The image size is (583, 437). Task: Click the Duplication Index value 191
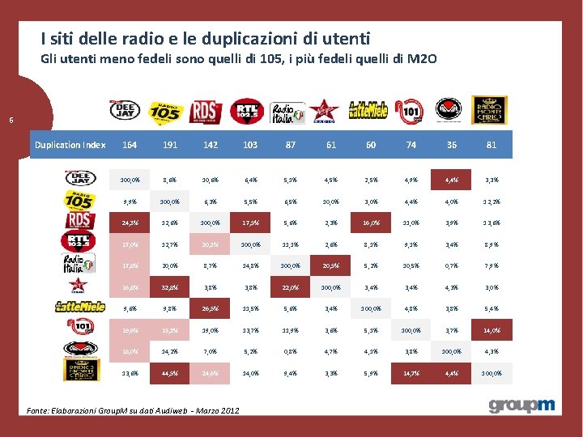click(170, 145)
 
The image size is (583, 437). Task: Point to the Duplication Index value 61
click(330, 145)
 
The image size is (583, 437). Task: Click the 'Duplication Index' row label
click(70, 145)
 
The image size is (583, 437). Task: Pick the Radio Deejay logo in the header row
click(126, 110)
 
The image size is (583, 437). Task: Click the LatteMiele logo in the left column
click(79, 306)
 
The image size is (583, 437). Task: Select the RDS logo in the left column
click(79, 219)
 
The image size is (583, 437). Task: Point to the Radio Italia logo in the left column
click(79, 262)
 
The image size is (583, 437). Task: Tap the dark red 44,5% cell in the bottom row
click(170, 372)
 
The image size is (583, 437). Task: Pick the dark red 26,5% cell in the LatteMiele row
click(210, 307)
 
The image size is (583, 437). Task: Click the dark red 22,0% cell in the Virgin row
click(290, 286)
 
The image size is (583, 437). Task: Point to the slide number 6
click(11, 121)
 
